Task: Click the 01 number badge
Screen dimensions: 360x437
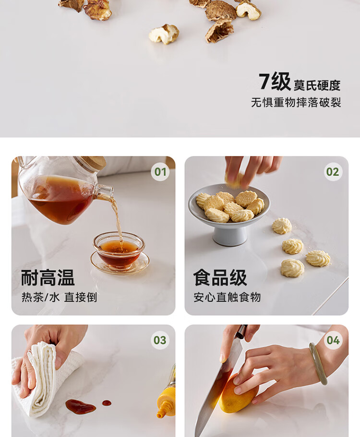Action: (160, 172)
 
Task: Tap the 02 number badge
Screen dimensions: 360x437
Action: (333, 172)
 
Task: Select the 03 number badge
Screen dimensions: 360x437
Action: (160, 340)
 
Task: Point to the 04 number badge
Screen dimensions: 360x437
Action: (333, 340)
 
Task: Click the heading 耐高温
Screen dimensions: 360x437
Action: (48, 278)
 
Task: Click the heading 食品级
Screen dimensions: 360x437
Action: (220, 278)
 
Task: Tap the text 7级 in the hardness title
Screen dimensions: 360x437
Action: (275, 81)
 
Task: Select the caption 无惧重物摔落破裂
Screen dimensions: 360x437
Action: (296, 102)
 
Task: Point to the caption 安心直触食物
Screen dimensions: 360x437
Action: (227, 297)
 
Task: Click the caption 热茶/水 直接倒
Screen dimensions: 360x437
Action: (59, 297)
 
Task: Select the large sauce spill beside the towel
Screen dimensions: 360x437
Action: (81, 407)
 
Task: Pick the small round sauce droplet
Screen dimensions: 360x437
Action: (107, 403)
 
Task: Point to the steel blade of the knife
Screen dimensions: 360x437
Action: (216, 390)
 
